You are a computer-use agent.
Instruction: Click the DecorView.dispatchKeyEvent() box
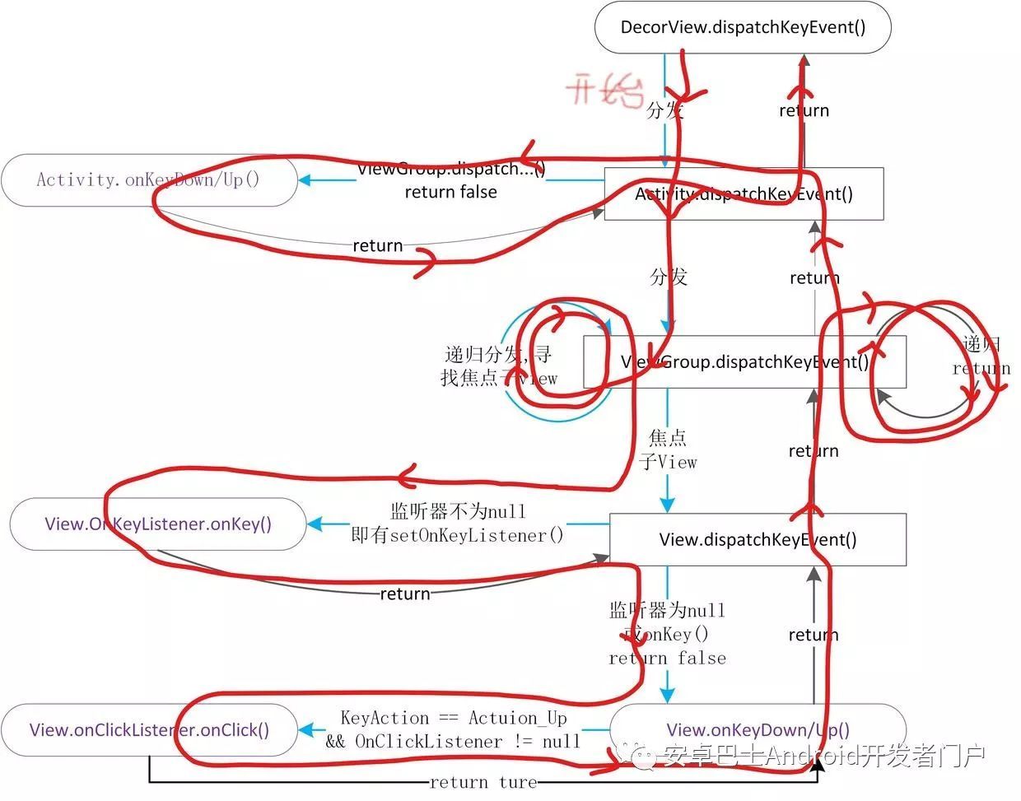pos(743,27)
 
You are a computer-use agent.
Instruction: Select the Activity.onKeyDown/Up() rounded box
pos(148,179)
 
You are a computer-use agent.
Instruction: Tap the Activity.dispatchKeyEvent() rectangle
pos(744,194)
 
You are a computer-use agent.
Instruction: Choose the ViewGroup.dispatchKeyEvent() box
pos(744,362)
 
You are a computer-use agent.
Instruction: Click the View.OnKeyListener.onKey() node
pos(158,524)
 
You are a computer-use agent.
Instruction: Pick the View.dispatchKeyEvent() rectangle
pos(758,540)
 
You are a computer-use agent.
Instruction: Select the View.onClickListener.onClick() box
pos(149,730)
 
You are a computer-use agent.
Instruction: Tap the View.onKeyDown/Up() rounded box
pos(758,729)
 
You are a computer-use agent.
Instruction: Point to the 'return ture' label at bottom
pos(483,782)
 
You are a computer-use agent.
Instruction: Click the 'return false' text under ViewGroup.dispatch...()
pos(450,192)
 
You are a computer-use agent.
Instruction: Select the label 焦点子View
pos(668,449)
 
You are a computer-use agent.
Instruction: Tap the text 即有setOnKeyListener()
pos(458,535)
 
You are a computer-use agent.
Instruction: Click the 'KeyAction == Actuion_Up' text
pos(454,718)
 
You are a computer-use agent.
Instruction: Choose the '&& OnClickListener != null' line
pos(453,741)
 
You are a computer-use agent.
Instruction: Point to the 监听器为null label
pos(667,610)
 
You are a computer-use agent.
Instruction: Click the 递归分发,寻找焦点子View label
pos(498,366)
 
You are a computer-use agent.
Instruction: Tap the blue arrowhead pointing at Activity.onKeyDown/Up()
pos(305,179)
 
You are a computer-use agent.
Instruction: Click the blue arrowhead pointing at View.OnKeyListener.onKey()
pos(314,524)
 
